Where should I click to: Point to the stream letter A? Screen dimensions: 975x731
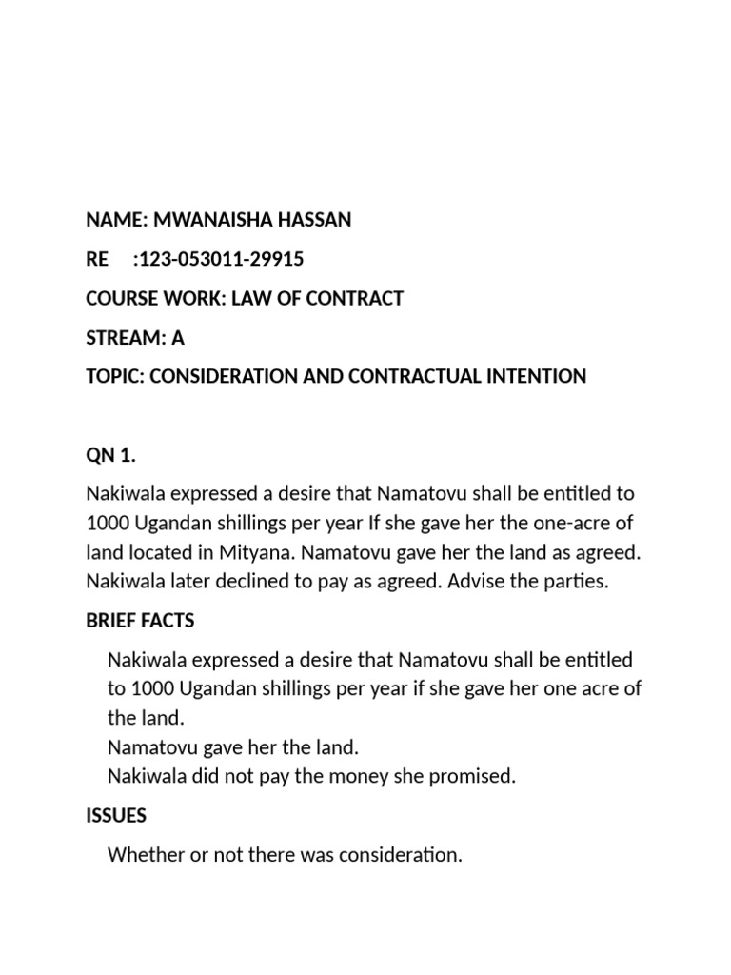pos(177,337)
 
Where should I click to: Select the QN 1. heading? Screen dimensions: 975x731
pos(111,455)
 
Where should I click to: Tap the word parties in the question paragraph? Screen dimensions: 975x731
pos(576,580)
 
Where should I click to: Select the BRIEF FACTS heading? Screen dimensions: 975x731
pos(140,621)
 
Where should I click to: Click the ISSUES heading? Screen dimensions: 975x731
pos(116,816)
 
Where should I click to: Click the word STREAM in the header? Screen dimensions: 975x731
pos(121,337)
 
